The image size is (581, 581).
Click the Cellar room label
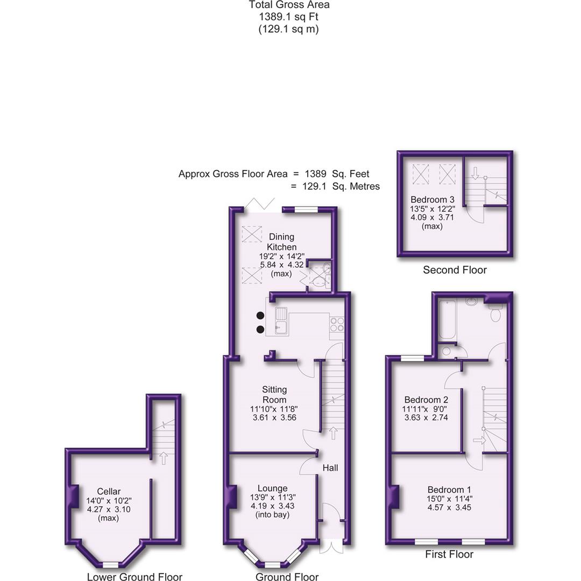109,491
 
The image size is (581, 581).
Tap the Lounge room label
272,488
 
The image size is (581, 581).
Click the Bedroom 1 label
449,490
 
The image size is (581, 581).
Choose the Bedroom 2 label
426,400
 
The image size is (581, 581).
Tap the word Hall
330,468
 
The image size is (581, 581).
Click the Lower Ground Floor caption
134,577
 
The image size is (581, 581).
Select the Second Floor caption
455,270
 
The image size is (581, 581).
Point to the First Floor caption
449,554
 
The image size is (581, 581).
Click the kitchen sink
281,321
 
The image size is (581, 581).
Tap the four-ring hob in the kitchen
337,324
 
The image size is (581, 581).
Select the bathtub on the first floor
445,321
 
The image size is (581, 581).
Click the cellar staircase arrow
162,458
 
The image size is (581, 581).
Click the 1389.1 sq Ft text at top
288,17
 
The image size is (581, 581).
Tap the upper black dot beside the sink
260,315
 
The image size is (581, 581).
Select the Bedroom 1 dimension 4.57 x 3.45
449,507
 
